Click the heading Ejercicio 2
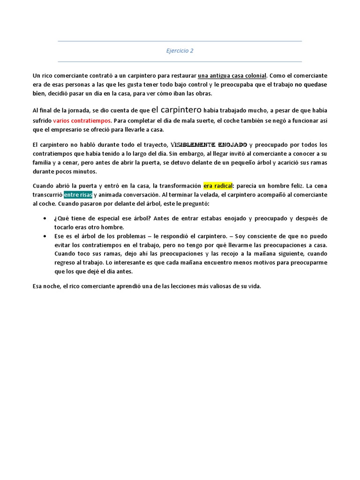[x=180, y=51]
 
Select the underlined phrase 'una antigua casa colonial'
[x=232, y=75]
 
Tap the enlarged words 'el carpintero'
[x=176, y=110]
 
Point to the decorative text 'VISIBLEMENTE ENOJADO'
[x=208, y=144]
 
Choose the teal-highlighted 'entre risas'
[x=78, y=195]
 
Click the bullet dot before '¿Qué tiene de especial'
[x=44, y=219]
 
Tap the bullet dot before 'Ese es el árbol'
[x=44, y=236]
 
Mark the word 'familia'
[x=43, y=163]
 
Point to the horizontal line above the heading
[x=180, y=41]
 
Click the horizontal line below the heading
[x=180, y=61]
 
